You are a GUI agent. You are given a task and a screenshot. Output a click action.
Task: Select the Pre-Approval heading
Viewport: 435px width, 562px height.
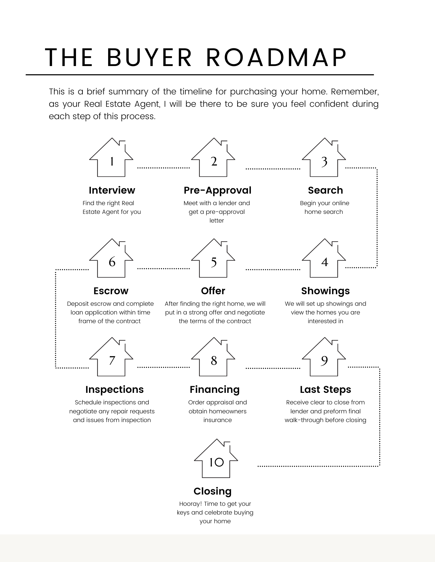pos(217,190)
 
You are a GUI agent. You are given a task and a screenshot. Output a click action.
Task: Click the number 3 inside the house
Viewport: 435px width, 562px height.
pos(324,162)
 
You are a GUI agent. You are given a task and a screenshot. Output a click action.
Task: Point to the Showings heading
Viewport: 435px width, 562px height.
pos(325,291)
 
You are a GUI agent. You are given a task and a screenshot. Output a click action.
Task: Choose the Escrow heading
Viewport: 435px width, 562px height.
pos(111,291)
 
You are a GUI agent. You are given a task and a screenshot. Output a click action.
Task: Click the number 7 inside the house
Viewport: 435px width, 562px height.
pos(112,361)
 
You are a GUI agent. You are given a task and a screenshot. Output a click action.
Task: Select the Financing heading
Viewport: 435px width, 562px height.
pos(215,389)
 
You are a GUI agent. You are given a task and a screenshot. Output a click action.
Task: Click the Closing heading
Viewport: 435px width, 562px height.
pos(213,491)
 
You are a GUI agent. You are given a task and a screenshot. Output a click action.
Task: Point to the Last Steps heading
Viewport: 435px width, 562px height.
pos(325,389)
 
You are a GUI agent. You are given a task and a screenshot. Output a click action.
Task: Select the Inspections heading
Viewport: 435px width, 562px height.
pos(114,389)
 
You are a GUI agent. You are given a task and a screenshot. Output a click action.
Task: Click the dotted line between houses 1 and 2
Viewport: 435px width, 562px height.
pos(163,168)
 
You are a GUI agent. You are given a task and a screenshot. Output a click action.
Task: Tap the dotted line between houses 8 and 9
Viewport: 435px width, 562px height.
pos(273,368)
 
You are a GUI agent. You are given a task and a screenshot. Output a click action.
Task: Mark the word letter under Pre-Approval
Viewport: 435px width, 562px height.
pos(217,221)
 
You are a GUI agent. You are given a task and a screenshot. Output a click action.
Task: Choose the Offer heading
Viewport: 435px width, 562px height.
pos(213,291)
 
